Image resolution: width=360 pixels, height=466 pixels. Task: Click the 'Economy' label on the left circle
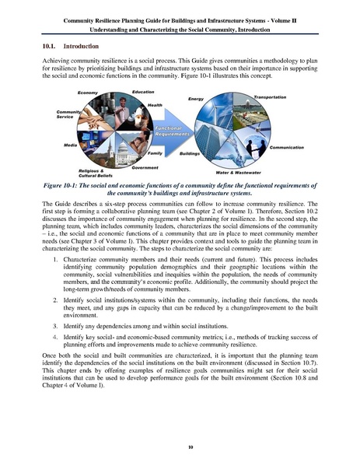point(87,93)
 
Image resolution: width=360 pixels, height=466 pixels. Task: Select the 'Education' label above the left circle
point(142,92)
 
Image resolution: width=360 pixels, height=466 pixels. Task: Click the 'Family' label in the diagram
point(155,153)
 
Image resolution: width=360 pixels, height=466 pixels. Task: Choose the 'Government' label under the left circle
point(145,167)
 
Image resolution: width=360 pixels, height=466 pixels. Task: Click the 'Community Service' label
point(69,114)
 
